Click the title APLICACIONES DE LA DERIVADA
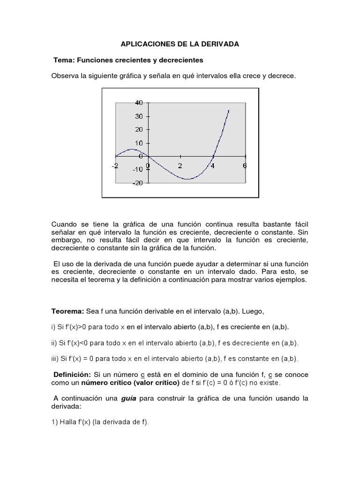coord(180,44)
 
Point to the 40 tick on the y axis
coord(139,103)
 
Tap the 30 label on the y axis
coord(139,116)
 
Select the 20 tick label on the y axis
coord(139,129)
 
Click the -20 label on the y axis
coord(138,183)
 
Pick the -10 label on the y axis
coord(138,170)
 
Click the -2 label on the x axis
coord(115,165)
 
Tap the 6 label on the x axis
coord(245,165)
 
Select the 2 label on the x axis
coord(180,165)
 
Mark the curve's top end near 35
coord(229,110)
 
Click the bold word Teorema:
coord(67,312)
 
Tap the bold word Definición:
coord(73,375)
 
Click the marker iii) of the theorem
coord(56,359)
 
